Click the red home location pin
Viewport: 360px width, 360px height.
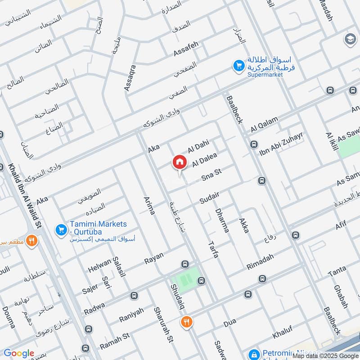pyautogui.click(x=179, y=162)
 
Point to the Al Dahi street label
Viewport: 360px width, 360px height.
pyautogui.click(x=198, y=146)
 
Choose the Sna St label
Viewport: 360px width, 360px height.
pyautogui.click(x=212, y=173)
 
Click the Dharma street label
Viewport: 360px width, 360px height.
pyautogui.click(x=222, y=220)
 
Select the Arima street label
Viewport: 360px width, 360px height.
pyautogui.click(x=149, y=205)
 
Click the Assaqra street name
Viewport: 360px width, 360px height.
pyautogui.click(x=130, y=78)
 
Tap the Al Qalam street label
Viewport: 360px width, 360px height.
pyautogui.click(x=265, y=125)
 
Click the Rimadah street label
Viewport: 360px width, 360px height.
pyautogui.click(x=261, y=263)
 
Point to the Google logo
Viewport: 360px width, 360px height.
pyautogui.click(x=19, y=353)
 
